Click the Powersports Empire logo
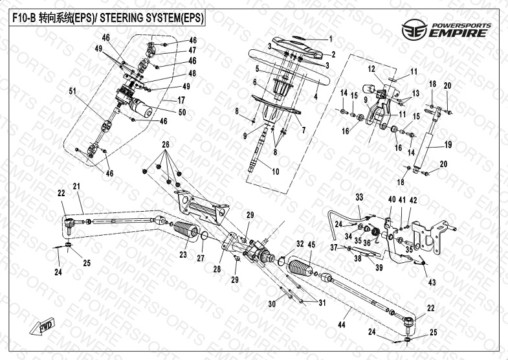447,29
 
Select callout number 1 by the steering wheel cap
330,38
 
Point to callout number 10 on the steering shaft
276,172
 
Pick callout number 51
72,91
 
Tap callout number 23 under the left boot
183,255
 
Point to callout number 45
311,244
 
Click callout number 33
359,196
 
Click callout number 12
372,69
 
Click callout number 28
217,267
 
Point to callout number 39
379,267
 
